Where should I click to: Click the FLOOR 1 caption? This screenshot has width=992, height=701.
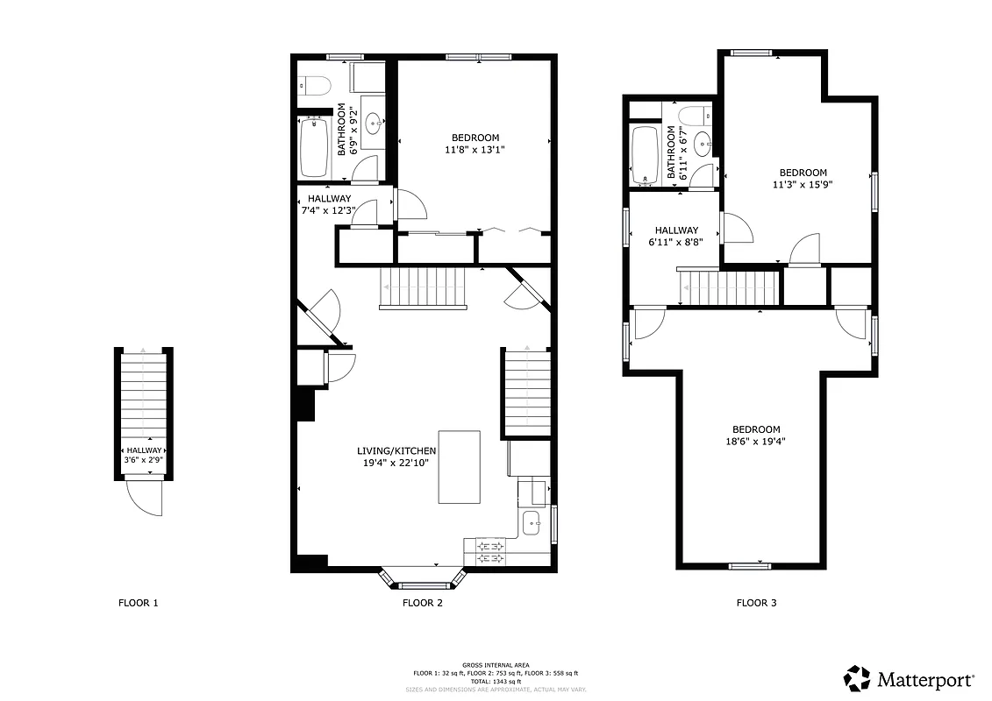139,603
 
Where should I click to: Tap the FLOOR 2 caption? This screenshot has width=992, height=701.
423,603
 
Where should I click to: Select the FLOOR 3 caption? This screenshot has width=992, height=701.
756,603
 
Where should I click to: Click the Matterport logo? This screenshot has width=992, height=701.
908,678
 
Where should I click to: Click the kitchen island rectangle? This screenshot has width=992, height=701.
459,467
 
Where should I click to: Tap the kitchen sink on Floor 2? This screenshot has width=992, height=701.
532,525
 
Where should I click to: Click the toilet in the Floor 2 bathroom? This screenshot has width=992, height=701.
313,85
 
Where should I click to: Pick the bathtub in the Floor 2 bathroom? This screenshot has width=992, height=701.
313,147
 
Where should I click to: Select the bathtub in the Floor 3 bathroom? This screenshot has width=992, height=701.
646,155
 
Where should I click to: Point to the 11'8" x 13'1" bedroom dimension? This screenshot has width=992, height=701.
475,150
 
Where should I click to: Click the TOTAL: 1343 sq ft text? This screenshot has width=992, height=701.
496,681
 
